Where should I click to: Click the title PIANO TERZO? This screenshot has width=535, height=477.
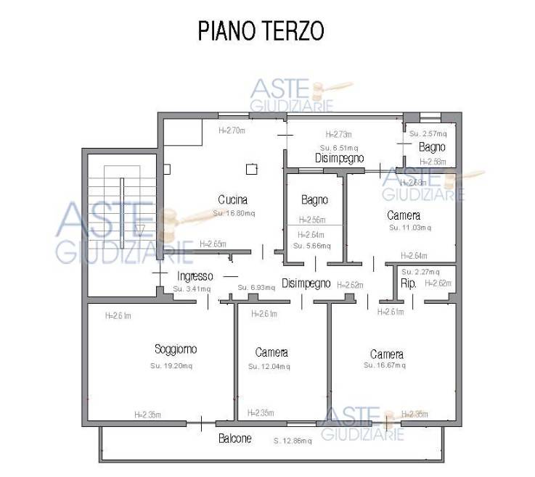261,32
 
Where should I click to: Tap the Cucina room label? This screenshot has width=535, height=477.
232,199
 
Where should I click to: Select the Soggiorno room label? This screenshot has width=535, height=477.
176,349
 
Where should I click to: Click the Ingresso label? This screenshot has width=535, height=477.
195,276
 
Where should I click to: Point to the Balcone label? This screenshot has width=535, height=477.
235,439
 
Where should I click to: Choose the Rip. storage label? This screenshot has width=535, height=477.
408,283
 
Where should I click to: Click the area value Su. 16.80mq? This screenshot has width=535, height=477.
234,213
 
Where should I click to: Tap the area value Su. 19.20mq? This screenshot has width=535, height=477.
172,366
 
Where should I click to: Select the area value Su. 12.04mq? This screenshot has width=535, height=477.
269,367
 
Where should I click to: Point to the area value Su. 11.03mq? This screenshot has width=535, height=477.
409,228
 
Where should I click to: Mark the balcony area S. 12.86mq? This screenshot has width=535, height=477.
293,440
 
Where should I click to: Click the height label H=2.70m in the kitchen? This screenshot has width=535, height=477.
232,131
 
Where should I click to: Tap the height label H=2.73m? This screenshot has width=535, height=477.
338,134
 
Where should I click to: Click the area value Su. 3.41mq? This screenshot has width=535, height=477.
192,289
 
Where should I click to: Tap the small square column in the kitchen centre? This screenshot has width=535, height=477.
251,170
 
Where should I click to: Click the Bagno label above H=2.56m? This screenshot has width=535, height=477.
314,199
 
